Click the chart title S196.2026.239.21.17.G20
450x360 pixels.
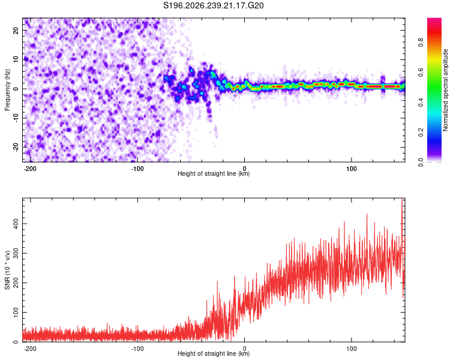click(213, 5)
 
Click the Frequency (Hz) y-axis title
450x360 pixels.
click(7, 90)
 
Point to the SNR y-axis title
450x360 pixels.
click(7, 270)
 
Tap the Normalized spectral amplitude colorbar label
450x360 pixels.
click(445, 90)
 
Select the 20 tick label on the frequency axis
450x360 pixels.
click(16, 30)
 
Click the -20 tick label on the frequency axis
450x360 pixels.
click(16, 147)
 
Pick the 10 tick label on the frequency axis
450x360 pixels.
click(16, 59)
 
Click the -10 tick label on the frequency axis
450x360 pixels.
click(16, 118)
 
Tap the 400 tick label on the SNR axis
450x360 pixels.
click(16, 224)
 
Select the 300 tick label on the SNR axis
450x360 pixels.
click(16, 253)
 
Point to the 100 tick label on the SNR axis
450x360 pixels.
click(16, 313)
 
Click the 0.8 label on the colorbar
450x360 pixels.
click(421, 43)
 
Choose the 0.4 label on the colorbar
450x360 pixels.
click(421, 102)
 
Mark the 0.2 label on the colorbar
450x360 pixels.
click(421, 132)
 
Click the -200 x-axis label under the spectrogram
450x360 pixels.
click(30, 169)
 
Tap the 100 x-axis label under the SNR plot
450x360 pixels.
click(351, 349)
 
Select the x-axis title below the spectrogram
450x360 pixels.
click(214, 173)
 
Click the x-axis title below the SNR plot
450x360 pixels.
click(214, 353)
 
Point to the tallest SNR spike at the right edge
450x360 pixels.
click(402, 200)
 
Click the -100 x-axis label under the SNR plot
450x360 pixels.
click(137, 349)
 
